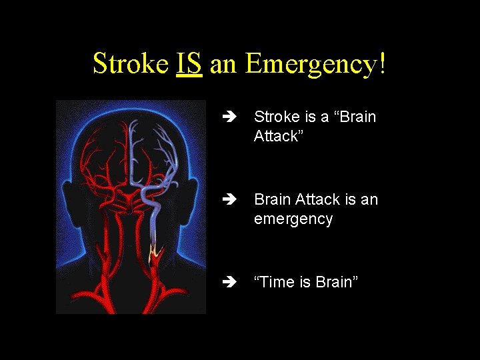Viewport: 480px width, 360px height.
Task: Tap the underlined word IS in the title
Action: click(189, 64)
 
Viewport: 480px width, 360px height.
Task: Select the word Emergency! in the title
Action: click(315, 64)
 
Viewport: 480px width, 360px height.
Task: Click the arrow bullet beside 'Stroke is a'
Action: click(231, 117)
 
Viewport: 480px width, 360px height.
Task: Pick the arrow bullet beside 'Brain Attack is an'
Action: click(231, 200)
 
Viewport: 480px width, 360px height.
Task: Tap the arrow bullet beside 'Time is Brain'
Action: click(231, 283)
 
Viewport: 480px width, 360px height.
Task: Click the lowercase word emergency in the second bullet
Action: click(293, 219)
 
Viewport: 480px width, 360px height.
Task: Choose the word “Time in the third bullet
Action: click(274, 283)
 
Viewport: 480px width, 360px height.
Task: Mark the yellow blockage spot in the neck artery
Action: click(157, 252)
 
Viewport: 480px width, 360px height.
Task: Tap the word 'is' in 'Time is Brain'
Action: click(303, 283)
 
